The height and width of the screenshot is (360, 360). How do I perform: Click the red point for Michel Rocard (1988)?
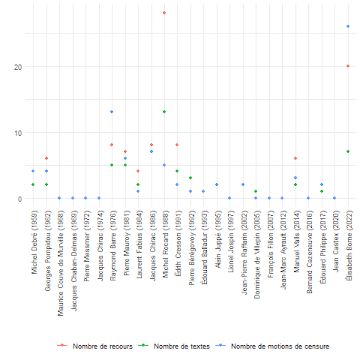164,13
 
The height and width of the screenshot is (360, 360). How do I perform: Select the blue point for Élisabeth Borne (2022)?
348,26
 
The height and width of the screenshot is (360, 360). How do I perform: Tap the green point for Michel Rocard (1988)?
164,112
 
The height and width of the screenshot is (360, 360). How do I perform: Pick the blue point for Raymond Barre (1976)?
112,112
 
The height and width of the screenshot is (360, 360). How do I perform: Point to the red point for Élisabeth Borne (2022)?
348,66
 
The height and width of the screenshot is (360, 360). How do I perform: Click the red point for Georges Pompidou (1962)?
46,158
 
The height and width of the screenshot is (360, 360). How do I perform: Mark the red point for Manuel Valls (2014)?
296,158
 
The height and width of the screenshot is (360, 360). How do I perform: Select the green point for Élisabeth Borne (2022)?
348,151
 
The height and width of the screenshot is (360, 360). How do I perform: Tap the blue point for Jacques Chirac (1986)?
151,151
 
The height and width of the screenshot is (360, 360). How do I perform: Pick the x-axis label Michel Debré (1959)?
33,242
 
